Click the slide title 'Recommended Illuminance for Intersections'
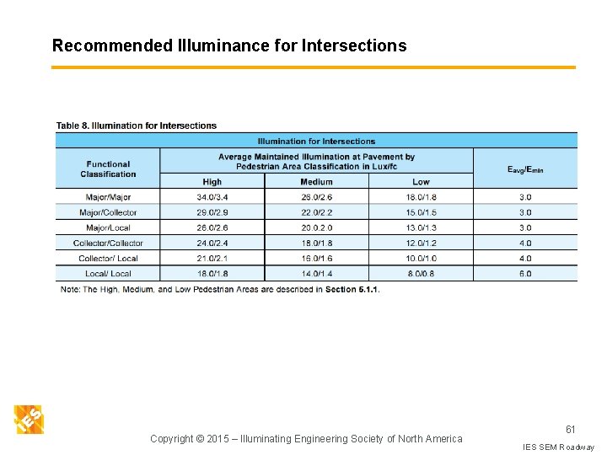click(x=229, y=45)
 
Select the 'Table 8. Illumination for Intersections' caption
click(x=137, y=126)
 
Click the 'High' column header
click(x=212, y=181)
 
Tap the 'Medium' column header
click(x=316, y=181)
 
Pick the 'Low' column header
click(x=421, y=181)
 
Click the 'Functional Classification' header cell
click(x=108, y=169)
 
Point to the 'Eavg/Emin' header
click(x=525, y=169)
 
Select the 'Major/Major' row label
click(x=108, y=197)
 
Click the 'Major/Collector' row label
click(x=108, y=212)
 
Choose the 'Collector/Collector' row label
click(x=108, y=243)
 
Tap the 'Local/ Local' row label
click(x=108, y=273)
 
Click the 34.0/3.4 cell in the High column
click(x=212, y=197)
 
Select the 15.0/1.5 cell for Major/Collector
click(x=421, y=212)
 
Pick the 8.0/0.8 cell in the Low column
click(x=421, y=273)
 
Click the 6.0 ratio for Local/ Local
click(x=525, y=273)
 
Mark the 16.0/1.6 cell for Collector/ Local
click(x=316, y=258)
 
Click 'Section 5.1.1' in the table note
click(x=352, y=290)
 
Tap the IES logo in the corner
click(x=29, y=419)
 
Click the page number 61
click(x=570, y=406)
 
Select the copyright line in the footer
click(x=306, y=438)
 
